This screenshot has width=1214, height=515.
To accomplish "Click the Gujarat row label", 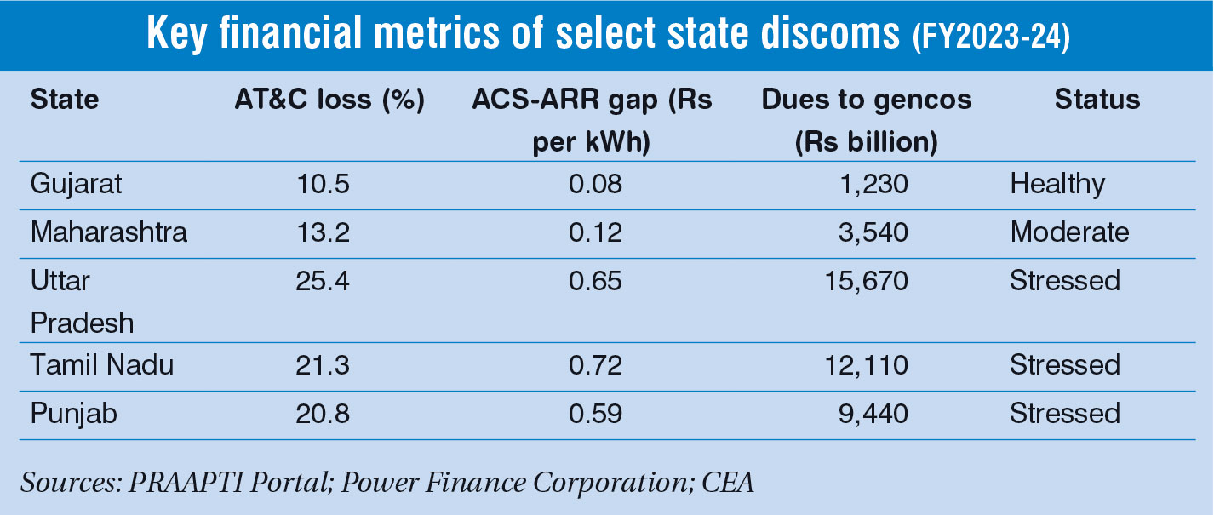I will pos(77,184).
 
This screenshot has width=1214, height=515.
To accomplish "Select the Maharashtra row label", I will pos(109,232).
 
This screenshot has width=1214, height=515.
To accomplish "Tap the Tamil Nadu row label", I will pos(102,365).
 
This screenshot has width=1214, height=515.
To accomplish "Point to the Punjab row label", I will pos(74,414).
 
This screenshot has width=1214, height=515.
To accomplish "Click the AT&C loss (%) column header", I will pos(329,100).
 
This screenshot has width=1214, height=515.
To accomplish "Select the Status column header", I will pos(1097,100).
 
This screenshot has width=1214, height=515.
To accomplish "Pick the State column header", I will pos(65,100).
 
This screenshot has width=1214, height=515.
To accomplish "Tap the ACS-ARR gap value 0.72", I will pos(596,365).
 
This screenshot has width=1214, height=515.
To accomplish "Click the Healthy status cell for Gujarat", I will pos(1057,184).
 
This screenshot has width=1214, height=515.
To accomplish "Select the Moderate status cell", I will pos(1069,232).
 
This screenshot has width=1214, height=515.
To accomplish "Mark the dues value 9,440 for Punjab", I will pos(873,414).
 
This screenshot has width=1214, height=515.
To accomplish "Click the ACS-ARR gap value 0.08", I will pos(596,184).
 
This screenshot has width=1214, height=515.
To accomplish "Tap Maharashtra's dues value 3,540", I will pos(873,232).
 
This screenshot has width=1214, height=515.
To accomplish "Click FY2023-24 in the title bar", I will pos(991,36).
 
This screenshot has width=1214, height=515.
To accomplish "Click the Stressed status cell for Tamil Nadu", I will pos(1065,365).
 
